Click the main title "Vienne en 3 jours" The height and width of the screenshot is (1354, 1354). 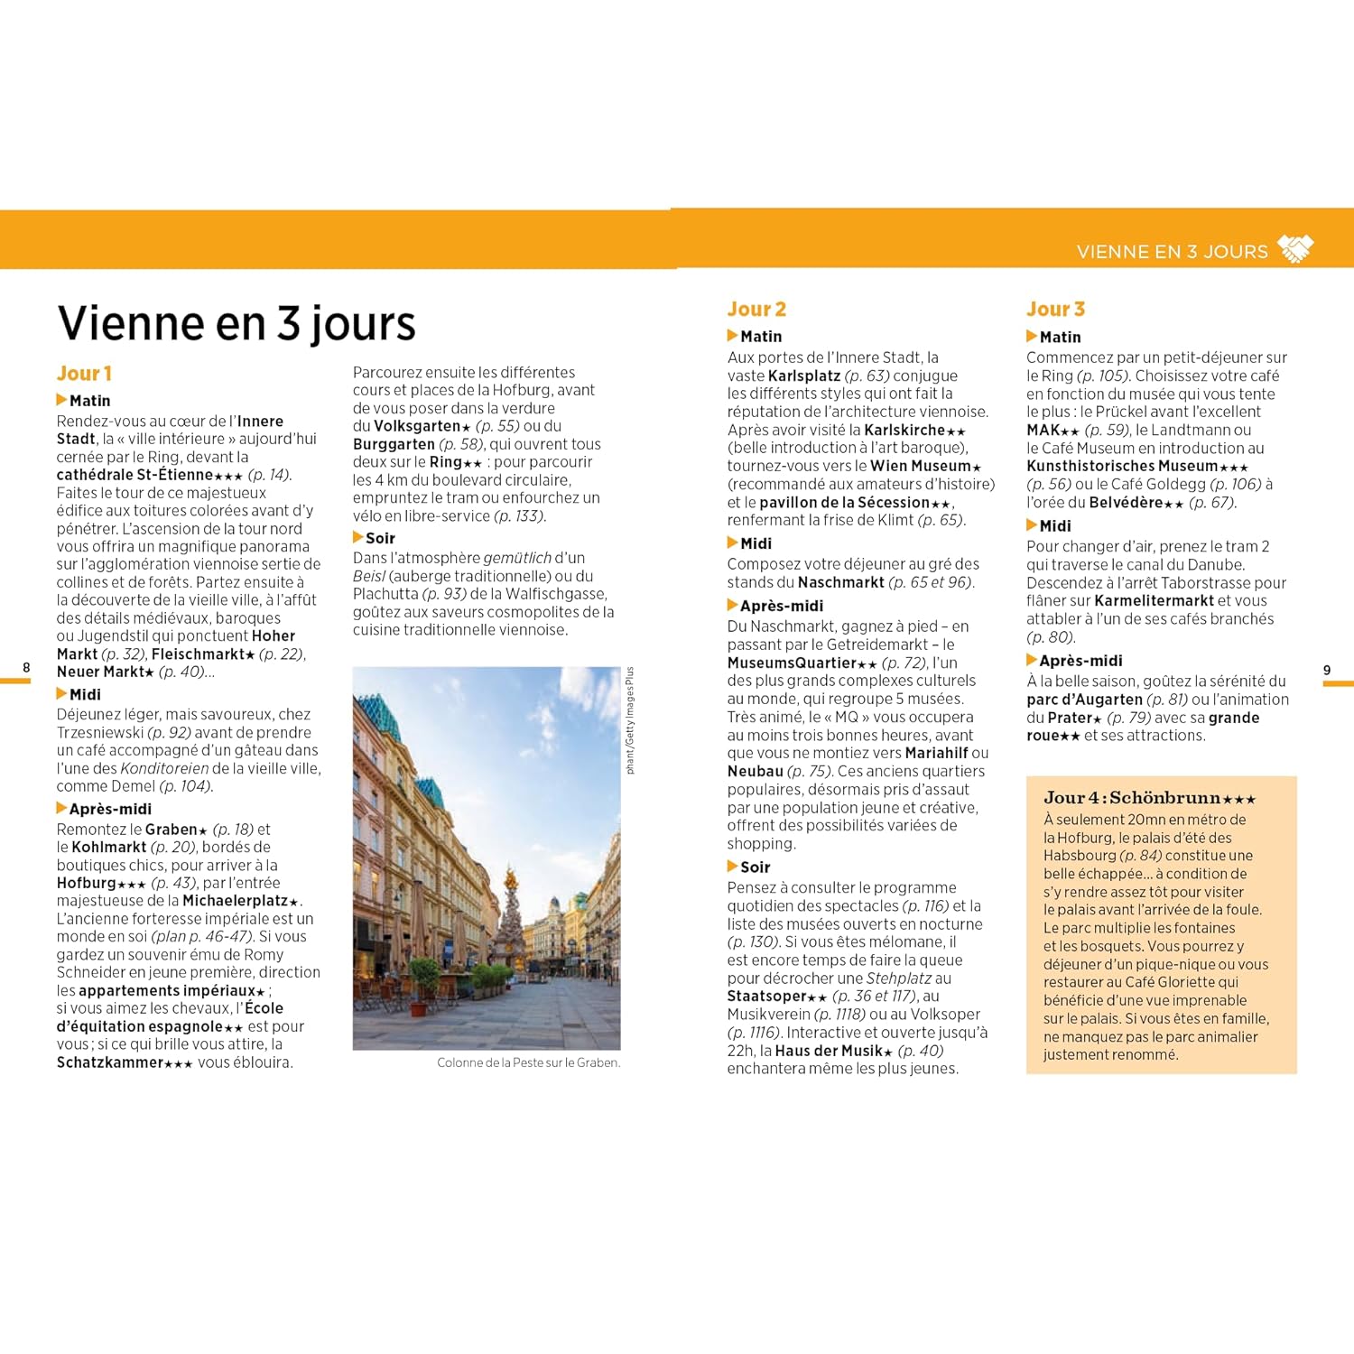coord(236,323)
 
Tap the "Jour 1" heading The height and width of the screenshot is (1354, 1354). coord(84,374)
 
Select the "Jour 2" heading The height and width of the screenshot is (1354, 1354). coord(756,310)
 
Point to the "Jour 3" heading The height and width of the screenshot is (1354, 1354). coord(1055,310)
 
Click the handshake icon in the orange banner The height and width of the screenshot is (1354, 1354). coord(1296,249)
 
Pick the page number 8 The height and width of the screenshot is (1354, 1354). coord(26,668)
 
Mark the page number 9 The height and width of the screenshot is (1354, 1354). coord(1326,670)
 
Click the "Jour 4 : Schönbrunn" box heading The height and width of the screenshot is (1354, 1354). coord(1148,798)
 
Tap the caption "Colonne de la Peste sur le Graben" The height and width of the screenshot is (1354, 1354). coord(528,1062)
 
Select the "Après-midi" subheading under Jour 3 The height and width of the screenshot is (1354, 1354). coord(1080,661)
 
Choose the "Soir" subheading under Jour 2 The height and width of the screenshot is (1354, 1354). coord(755,867)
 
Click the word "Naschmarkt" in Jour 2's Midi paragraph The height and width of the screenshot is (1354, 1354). coord(840,582)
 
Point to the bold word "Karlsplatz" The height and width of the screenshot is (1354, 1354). coord(804,376)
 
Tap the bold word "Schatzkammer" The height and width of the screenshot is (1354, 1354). coord(109,1062)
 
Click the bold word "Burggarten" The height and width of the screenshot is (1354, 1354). coord(394,444)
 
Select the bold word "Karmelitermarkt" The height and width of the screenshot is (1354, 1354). coord(1154,600)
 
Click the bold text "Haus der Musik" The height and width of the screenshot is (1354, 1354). coord(828,1051)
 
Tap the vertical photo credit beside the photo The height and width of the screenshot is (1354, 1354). coord(630,720)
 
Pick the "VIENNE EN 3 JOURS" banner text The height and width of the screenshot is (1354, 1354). coord(1172,252)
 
